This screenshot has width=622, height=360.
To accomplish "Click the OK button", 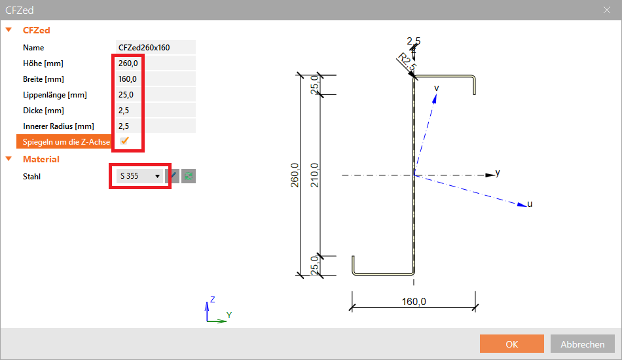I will pyautogui.click(x=512, y=344).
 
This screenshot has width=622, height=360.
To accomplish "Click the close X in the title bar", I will pyautogui.click(x=606, y=10).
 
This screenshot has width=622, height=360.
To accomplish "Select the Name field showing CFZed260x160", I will pyautogui.click(x=155, y=47).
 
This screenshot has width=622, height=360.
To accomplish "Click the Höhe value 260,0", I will pyautogui.click(x=128, y=63).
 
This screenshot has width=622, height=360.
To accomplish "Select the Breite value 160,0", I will pyautogui.click(x=128, y=79).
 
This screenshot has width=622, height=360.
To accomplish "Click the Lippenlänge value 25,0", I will pyautogui.click(x=126, y=94).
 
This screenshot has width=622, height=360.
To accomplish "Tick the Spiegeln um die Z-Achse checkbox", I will pyautogui.click(x=124, y=141).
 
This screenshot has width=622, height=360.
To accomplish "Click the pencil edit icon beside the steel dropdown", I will pyautogui.click(x=172, y=175).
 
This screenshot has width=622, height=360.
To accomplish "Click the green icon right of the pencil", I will pyautogui.click(x=189, y=175).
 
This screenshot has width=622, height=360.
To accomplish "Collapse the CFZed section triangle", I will pyautogui.click(x=9, y=30).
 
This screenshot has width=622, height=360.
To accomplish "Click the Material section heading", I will pyautogui.click(x=41, y=159).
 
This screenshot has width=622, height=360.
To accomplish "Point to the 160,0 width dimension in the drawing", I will pyautogui.click(x=413, y=302).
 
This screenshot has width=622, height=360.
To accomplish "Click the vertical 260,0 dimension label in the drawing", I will pyautogui.click(x=295, y=175).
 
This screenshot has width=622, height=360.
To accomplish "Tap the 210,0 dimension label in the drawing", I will pyautogui.click(x=314, y=175).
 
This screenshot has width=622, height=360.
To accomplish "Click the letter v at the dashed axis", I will pyautogui.click(x=436, y=88).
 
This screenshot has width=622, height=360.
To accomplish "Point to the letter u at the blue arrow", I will pyautogui.click(x=530, y=204).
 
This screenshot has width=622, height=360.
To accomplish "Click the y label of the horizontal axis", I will pyautogui.click(x=498, y=173).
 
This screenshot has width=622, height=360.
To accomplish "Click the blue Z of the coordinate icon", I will pyautogui.click(x=212, y=299).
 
